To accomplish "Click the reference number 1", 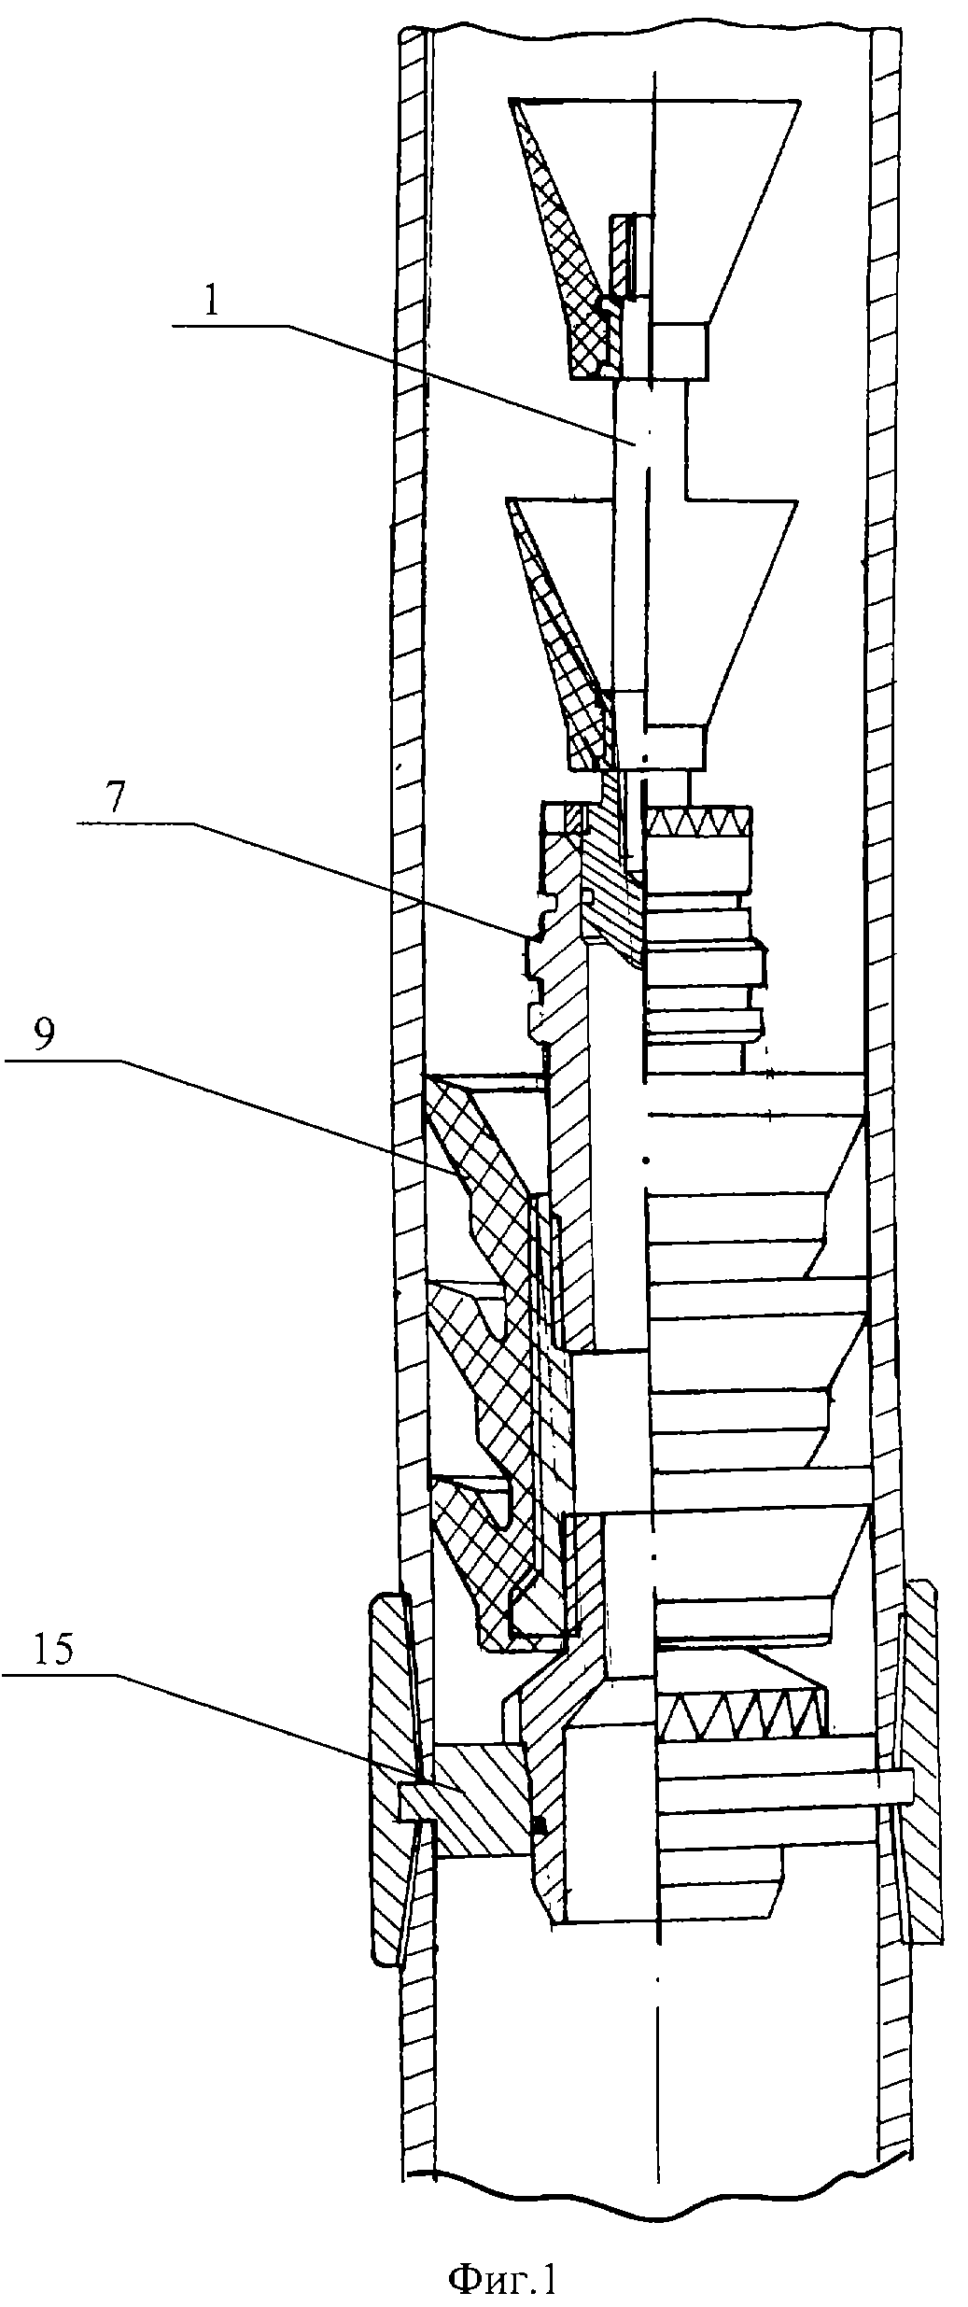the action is [x=212, y=304].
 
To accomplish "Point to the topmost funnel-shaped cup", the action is [x=653, y=238].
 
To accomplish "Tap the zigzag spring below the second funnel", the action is [x=699, y=823].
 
